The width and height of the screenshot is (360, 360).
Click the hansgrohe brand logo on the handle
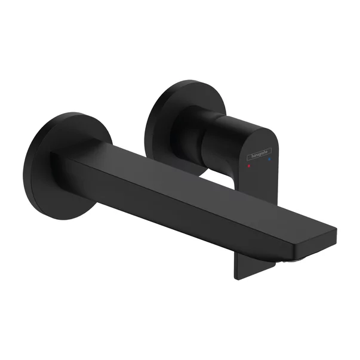[x=259, y=155]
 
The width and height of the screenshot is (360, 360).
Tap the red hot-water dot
[x=250, y=162]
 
